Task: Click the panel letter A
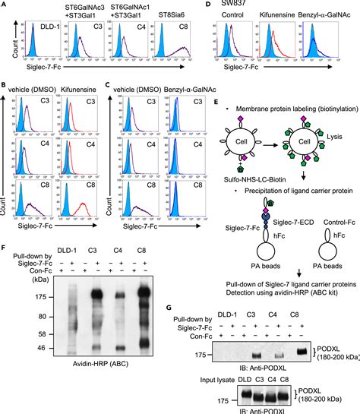pos(5,6)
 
